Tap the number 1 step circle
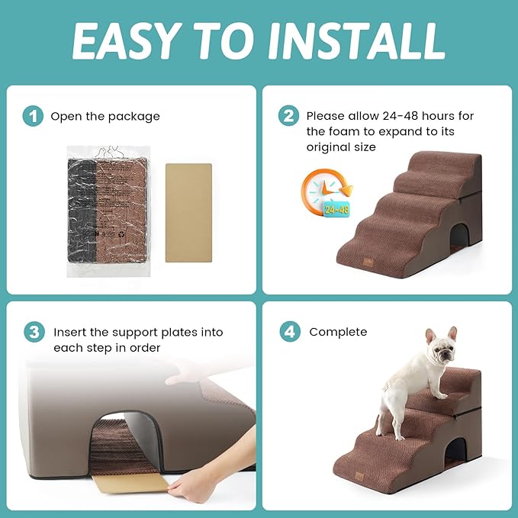point(33,117)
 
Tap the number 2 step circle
point(288,117)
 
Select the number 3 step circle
point(33,333)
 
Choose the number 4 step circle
point(288,333)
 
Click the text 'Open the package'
point(105,117)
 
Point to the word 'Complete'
point(338,333)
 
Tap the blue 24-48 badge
point(337,208)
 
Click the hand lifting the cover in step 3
point(191,372)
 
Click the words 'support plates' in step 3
point(143,333)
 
